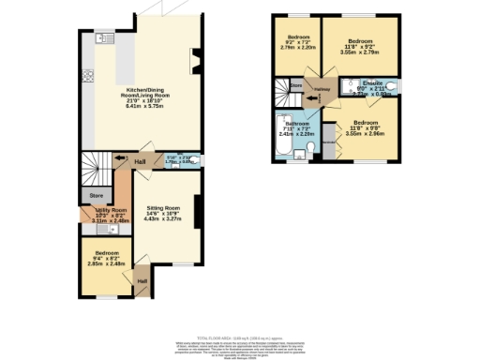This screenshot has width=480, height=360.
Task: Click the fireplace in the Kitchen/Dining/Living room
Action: coord(194,66)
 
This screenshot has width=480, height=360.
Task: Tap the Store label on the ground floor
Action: coord(95,195)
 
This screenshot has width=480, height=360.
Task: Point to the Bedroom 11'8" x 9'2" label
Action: coord(361,45)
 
